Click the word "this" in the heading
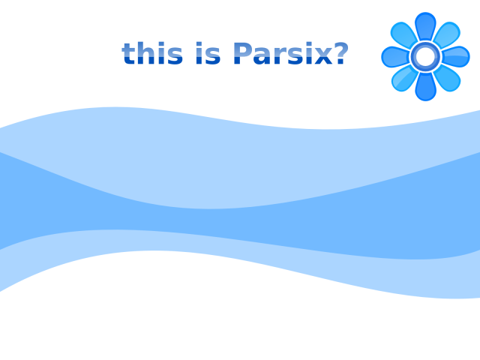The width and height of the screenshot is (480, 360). click(x=152, y=53)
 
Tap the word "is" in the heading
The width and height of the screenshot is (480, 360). click(x=208, y=53)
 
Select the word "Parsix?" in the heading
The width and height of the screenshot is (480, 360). click(x=291, y=53)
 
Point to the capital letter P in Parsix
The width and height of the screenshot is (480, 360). click(x=244, y=53)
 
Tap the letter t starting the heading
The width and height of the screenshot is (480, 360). click(x=128, y=54)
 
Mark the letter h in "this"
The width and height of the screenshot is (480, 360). click(x=145, y=53)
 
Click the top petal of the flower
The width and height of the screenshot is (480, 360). click(x=425, y=27)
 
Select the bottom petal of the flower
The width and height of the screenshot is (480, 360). click(x=425, y=87)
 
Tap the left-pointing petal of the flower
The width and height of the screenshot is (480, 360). click(x=395, y=57)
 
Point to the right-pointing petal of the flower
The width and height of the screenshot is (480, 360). click(x=456, y=57)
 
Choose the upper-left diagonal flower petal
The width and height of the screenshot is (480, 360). click(x=403, y=35)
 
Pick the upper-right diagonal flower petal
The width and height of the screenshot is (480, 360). click(x=447, y=35)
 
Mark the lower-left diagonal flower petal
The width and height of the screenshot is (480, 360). click(x=404, y=78)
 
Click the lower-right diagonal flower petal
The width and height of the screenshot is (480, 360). click(x=447, y=78)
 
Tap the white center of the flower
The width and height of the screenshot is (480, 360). click(x=425, y=57)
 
